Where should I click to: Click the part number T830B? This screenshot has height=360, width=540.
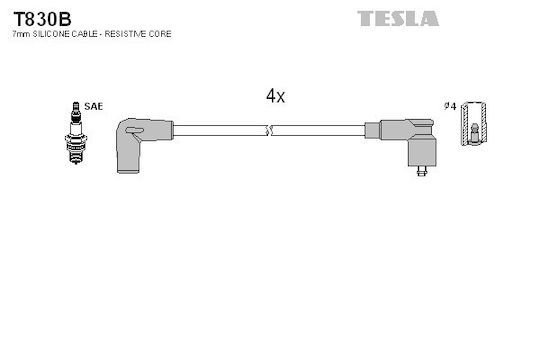coord(42,19)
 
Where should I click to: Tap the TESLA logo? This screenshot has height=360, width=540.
coord(398,19)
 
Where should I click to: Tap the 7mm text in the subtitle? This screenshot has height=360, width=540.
coord(21,34)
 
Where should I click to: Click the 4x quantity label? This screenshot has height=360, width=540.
coord(275,96)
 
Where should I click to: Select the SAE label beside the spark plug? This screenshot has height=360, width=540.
coord(93,106)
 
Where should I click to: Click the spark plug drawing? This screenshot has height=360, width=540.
coord(76,133)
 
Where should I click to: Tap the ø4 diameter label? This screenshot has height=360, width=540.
coord(450,106)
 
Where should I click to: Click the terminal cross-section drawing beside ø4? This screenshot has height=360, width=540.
coord(474,124)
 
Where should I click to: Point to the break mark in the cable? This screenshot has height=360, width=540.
coord(269,131)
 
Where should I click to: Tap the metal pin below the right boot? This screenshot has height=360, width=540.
coord(422,171)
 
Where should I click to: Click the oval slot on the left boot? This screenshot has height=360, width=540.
coord(134,130)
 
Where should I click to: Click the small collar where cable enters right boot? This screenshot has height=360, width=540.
coord(372,131)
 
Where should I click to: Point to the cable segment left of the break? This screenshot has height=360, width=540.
coord(220,131)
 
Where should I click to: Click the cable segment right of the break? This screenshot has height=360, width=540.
coord(318,131)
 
